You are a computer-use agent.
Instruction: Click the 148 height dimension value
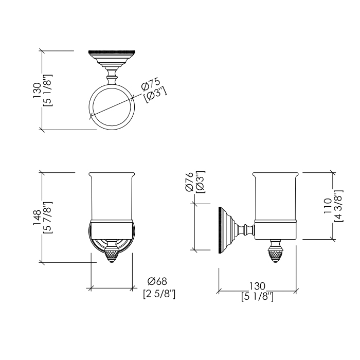(37, 218)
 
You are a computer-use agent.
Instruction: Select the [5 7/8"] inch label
(48, 218)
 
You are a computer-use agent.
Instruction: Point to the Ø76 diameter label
(189, 182)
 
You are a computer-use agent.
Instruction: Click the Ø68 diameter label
(157, 281)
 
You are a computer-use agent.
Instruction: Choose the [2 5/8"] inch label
(159, 294)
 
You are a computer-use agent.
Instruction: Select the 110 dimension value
(328, 206)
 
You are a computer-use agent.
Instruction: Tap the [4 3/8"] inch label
(338, 206)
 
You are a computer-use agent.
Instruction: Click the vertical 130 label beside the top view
(37, 90)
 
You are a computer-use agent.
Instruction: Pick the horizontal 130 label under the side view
(257, 286)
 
